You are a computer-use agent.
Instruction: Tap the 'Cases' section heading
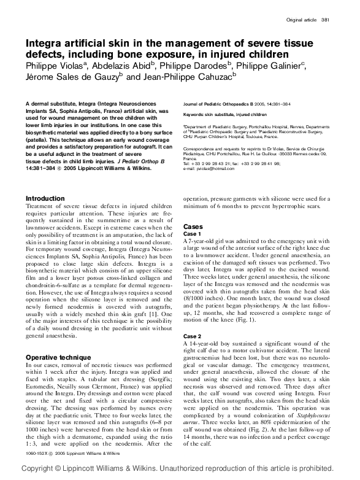point(193,226)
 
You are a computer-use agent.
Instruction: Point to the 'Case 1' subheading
point(192,234)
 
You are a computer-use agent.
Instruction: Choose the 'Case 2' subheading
point(192,336)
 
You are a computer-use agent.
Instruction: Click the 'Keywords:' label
point(195,115)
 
